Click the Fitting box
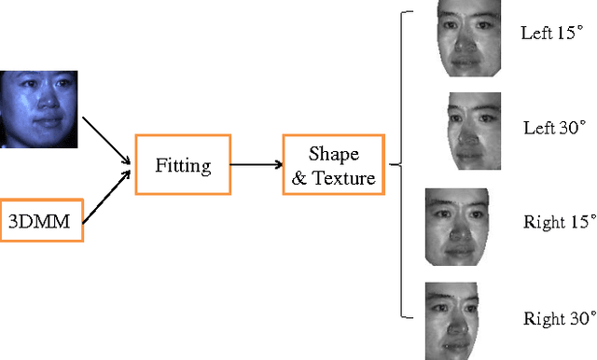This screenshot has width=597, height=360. point(183,165)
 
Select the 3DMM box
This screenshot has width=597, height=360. point(41,220)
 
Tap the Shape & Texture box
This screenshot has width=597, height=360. point(333,165)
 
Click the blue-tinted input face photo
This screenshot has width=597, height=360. point(38,108)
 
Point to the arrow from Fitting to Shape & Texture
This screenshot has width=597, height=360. point(255,165)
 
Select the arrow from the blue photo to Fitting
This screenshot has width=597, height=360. point(105,140)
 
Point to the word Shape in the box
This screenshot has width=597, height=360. point(333,153)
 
